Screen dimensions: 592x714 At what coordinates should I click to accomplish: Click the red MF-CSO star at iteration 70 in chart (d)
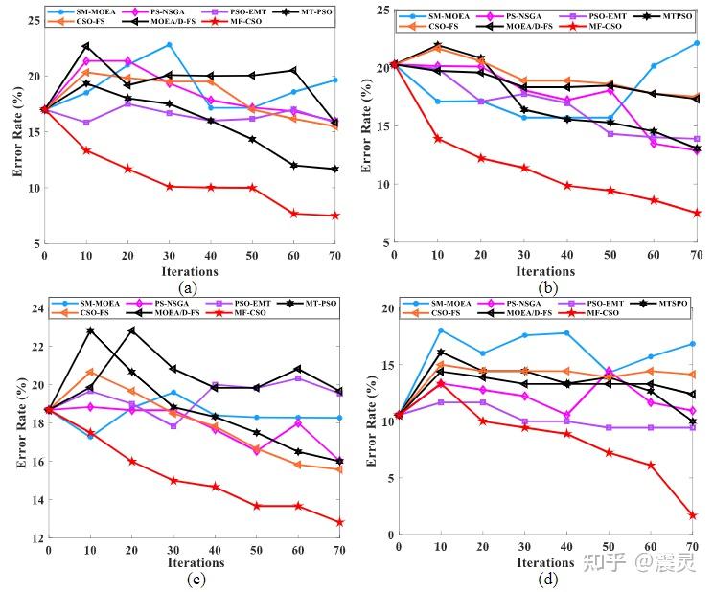[x=692, y=515]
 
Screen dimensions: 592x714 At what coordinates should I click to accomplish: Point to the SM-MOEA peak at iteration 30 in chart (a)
[x=169, y=45]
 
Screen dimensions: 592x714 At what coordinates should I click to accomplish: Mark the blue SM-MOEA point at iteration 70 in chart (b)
[x=696, y=43]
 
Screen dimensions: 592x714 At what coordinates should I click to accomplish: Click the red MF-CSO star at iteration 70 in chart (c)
[x=339, y=523]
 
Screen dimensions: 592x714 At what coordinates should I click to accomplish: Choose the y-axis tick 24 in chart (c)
[x=37, y=308]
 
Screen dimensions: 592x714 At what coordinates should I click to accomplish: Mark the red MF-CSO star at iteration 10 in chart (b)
[x=439, y=139]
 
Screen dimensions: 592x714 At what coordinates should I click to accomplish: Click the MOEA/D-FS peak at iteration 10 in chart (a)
[x=86, y=46]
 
